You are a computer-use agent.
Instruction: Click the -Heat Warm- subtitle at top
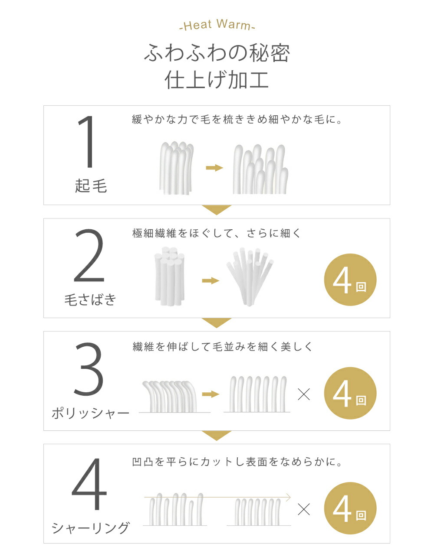(x=217, y=25)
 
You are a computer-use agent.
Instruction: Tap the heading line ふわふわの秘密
(x=217, y=53)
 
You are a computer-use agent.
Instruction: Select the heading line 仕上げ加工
(x=217, y=80)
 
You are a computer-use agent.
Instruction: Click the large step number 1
(x=87, y=142)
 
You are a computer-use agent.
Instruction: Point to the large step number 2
(x=89, y=256)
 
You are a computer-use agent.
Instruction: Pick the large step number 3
(x=89, y=368)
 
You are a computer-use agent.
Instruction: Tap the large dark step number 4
(x=89, y=484)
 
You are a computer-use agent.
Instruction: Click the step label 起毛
(x=91, y=186)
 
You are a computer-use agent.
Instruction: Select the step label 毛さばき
(x=90, y=300)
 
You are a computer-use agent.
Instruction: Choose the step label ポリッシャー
(x=90, y=413)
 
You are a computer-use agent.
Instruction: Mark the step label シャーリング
(x=90, y=527)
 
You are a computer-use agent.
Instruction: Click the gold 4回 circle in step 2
(x=350, y=280)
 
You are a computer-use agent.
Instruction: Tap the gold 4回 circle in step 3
(x=350, y=393)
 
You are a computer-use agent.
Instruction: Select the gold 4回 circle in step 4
(x=350, y=508)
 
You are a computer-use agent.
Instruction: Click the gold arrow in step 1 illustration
(x=214, y=168)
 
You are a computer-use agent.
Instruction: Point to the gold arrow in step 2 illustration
(x=210, y=280)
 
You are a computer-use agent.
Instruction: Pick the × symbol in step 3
(x=304, y=394)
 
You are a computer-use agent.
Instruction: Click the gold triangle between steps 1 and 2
(x=217, y=210)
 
